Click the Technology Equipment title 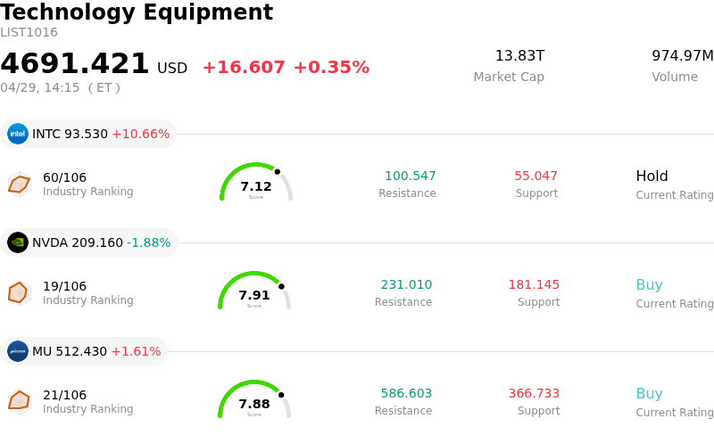[137, 12]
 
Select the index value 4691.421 [75, 64]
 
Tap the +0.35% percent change [331, 68]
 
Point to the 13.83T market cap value [519, 56]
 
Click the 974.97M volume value [683, 56]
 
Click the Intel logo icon [18, 134]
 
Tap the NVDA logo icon [18, 242]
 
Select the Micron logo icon [18, 351]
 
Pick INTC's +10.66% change [140, 135]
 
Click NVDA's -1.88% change [148, 243]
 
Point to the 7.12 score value [256, 186]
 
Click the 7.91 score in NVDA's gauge [254, 295]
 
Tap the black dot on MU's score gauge [281, 395]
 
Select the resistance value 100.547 [411, 176]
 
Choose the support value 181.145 [534, 285]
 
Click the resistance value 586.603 [406, 394]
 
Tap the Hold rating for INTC [652, 176]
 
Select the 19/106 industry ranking [64, 286]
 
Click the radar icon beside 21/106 [19, 401]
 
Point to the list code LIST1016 [29, 33]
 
